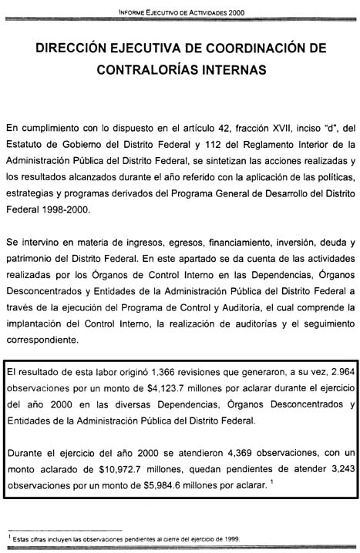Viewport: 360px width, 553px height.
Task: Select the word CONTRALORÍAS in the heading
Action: pyautogui.click(x=143, y=69)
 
